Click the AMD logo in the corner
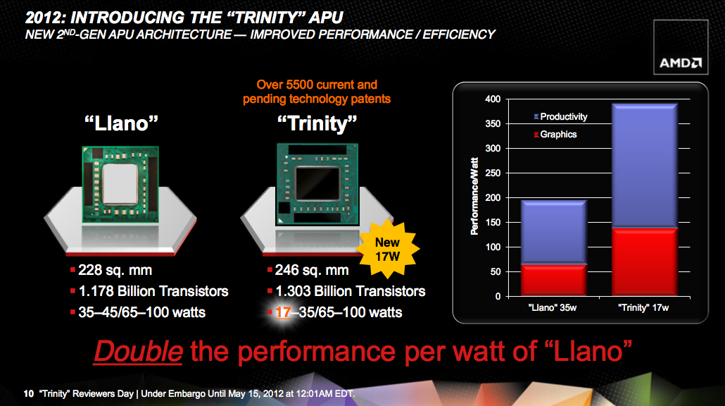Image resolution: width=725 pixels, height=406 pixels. point(681,63)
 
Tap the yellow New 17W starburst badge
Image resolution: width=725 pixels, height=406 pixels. point(387,250)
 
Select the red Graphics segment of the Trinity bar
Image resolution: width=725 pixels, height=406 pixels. point(645,262)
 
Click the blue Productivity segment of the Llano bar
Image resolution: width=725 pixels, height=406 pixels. point(553,233)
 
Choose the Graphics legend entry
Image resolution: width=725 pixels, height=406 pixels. point(555,134)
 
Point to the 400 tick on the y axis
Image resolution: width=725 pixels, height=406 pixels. point(493,99)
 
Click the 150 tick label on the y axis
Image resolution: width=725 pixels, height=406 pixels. point(493,222)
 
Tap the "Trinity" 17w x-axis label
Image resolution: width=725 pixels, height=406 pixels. point(643,308)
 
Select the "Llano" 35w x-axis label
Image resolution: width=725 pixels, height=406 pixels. point(553,308)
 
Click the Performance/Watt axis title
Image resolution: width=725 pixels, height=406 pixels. point(474,196)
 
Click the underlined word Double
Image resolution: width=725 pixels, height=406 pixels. point(138,351)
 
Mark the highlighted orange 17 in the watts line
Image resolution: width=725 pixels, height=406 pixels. point(282,312)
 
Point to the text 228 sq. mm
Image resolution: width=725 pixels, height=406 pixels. point(115,270)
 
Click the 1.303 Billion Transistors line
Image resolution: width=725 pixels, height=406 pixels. point(350,291)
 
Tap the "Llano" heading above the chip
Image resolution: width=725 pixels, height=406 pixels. point(121,123)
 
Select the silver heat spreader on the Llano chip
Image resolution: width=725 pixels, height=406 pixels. point(120,184)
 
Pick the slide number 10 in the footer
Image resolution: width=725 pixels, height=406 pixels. point(29,393)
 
